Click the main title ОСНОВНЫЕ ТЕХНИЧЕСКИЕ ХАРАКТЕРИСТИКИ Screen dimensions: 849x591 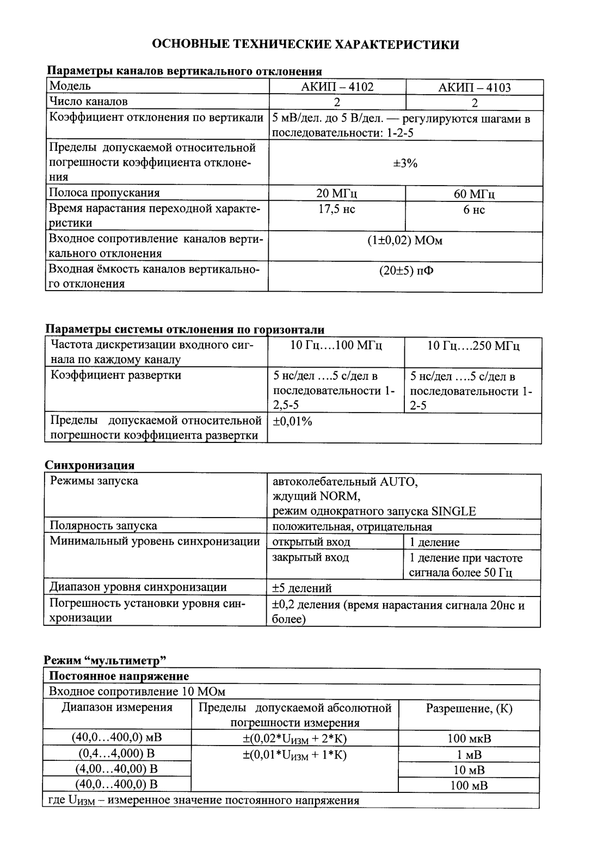tap(305, 44)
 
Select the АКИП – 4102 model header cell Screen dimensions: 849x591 tap(337, 87)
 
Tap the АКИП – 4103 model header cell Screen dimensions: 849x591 tap(475, 88)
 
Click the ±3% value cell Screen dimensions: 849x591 tap(405, 163)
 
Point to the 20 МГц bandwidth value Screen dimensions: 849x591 tap(337, 194)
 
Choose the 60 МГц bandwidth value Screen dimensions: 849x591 tap(474, 194)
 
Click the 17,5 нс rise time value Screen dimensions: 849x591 tap(337, 210)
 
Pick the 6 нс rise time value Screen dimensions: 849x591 tap(474, 210)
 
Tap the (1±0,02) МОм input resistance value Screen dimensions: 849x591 tap(405, 241)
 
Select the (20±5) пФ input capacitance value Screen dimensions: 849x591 tap(406, 271)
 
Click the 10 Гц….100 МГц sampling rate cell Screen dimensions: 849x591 tap(336, 346)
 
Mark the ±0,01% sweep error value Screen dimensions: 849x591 tap(292, 422)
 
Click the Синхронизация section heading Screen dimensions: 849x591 tap(89, 465)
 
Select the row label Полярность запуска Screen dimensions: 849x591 tap(103, 526)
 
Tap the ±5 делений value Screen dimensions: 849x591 tap(301, 588)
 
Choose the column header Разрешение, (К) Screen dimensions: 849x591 tap(469, 708)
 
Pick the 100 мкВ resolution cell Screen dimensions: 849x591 tap(469, 739)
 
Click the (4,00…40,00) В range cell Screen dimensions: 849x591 tap(116, 769)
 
